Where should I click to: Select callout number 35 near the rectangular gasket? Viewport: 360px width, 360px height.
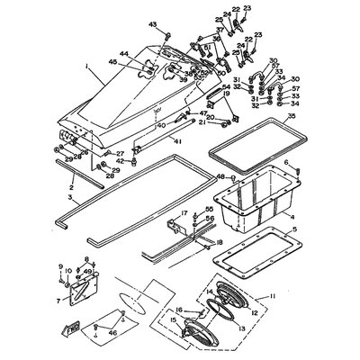point(291,117)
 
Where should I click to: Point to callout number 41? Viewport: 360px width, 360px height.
point(179,142)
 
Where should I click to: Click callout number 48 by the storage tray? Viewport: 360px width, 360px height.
point(220,178)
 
